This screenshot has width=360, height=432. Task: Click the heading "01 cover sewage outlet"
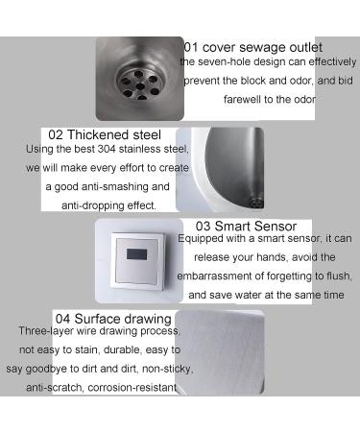click(x=252, y=48)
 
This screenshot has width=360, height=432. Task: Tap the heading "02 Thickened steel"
click(x=105, y=134)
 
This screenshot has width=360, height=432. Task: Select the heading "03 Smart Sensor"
click(x=246, y=227)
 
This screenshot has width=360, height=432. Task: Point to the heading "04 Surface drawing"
click(x=113, y=319)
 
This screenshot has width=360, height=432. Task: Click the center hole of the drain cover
click(x=140, y=86)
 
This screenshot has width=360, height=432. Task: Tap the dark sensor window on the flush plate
click(x=136, y=254)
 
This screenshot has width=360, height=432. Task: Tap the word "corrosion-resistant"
click(x=132, y=388)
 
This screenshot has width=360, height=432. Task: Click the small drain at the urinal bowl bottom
click(x=256, y=203)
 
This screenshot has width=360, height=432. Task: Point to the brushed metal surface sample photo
click(x=220, y=352)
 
